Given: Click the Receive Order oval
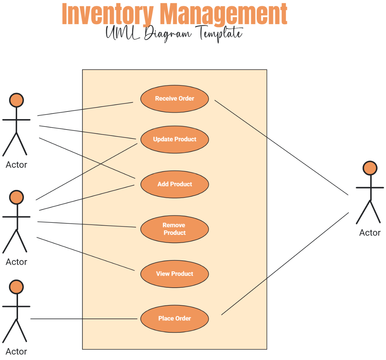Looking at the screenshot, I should tap(175, 99).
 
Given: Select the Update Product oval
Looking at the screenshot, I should tap(175, 139).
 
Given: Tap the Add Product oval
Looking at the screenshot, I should tap(175, 184).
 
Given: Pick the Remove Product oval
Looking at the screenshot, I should tap(175, 229).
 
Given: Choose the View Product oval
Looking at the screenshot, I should tap(175, 274).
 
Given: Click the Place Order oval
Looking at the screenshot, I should tap(175, 319).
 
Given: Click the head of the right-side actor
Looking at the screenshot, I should tap(370, 168).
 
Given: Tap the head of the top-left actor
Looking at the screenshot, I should tap(16, 100).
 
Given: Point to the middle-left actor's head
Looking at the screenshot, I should tap(16, 197).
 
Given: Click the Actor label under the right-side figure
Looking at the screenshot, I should tap(370, 233).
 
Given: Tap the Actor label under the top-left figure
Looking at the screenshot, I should tap(16, 165).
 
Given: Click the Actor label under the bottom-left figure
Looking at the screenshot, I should tap(16, 352).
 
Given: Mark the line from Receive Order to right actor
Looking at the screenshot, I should tap(281, 148).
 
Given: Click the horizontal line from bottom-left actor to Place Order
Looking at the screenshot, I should tap(84, 319).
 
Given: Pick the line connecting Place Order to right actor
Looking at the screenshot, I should tap(285, 264).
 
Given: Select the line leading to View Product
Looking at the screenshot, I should tap(85, 254).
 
